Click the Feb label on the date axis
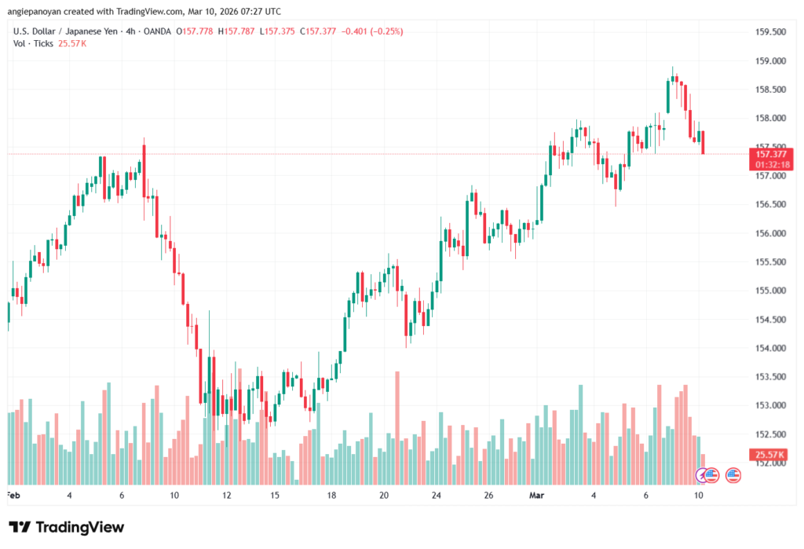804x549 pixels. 13,496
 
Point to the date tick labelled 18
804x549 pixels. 332,496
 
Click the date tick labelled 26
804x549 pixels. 488,496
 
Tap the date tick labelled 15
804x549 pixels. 275,496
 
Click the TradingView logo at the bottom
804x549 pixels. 66,527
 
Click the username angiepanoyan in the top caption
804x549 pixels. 37,10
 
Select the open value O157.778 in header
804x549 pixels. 195,31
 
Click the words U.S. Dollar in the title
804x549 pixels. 32,31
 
